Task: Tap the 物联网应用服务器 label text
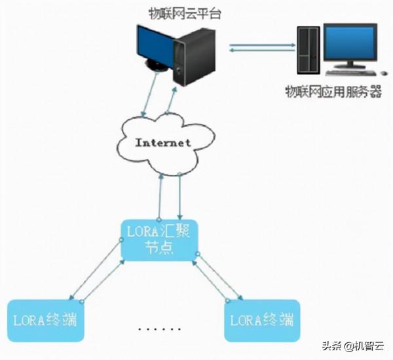333,91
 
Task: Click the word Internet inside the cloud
163,142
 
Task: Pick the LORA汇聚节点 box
160,241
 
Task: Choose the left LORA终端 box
45,321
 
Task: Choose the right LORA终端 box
262,321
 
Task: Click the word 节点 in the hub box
159,250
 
